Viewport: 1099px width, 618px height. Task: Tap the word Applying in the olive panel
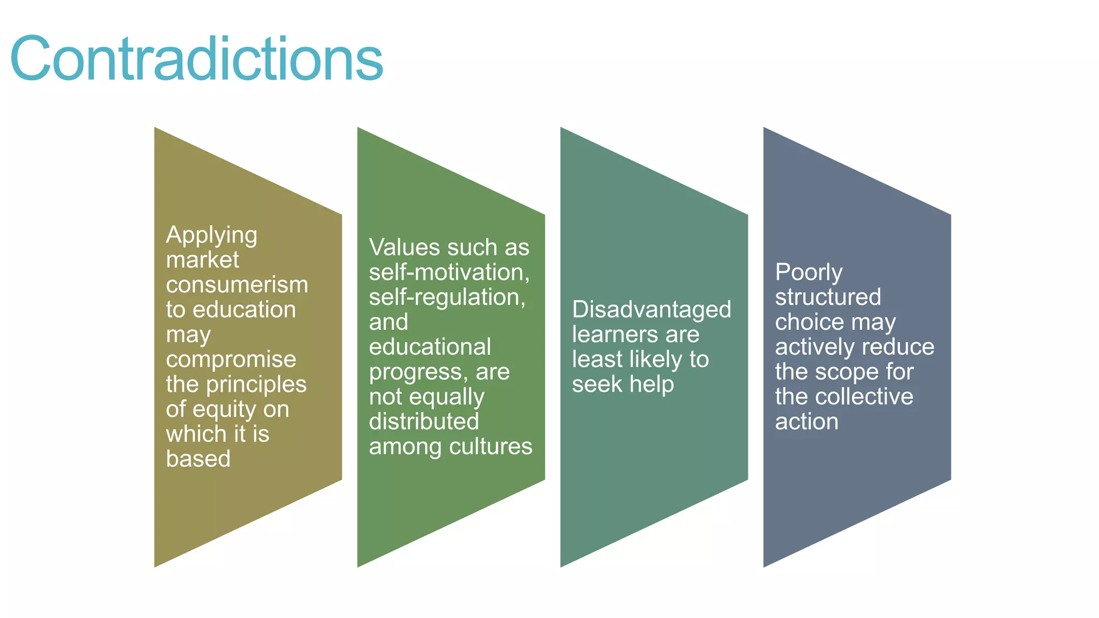[x=211, y=236]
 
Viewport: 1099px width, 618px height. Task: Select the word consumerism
[x=237, y=285]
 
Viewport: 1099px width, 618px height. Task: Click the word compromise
[x=231, y=359]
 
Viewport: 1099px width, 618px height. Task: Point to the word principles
[x=257, y=384]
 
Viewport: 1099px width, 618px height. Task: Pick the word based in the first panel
[x=198, y=459]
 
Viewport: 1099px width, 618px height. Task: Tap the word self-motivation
[x=449, y=273]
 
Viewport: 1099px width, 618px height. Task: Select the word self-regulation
[x=447, y=297]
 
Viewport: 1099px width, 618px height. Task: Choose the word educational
[x=430, y=347]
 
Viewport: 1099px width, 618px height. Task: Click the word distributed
[x=424, y=422]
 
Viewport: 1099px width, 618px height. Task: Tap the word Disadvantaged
[x=651, y=310]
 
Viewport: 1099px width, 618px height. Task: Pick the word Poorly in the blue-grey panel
[x=809, y=273]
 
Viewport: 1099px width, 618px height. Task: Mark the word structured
[x=828, y=297]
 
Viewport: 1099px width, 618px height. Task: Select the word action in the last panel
[x=807, y=422]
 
